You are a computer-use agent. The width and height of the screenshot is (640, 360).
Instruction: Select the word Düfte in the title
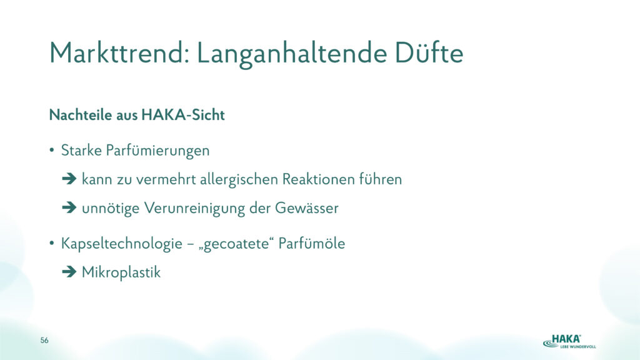[x=429, y=52]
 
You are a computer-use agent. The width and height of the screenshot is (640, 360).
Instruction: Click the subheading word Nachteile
[x=81, y=115]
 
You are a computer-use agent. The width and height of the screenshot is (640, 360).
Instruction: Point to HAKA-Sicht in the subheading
[x=183, y=115]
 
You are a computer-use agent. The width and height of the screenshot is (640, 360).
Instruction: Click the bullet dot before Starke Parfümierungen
[x=51, y=150]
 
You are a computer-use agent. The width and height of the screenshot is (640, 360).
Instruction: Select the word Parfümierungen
[x=157, y=151]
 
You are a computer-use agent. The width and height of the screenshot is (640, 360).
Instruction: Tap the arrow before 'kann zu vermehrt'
[x=69, y=179]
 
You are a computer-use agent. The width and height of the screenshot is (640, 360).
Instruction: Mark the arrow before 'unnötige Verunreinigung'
[x=69, y=207]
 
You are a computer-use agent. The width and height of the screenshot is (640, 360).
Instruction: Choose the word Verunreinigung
[x=194, y=209]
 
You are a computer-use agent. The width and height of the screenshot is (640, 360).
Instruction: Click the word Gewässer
[x=306, y=207]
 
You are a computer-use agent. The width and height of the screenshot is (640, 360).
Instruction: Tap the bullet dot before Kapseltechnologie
[x=51, y=244]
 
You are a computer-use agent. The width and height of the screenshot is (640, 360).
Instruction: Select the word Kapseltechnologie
[x=121, y=244]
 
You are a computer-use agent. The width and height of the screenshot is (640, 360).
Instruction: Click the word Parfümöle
[x=312, y=243]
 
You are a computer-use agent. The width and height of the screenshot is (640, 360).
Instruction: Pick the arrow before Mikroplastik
[x=69, y=272]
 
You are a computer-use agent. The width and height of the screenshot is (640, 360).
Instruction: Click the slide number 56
[x=44, y=340]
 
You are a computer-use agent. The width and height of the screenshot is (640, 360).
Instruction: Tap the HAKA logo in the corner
[x=569, y=341]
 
